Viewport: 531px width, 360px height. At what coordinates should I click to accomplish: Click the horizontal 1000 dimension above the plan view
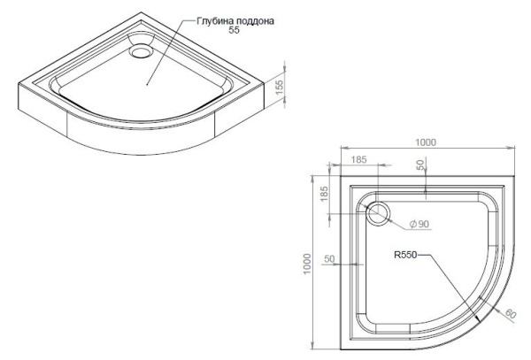point(427,142)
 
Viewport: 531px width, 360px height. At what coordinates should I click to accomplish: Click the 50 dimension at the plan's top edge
point(421,165)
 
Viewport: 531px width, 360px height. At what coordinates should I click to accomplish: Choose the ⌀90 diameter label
point(419,225)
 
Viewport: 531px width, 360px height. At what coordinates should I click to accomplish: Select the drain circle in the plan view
point(379,212)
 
